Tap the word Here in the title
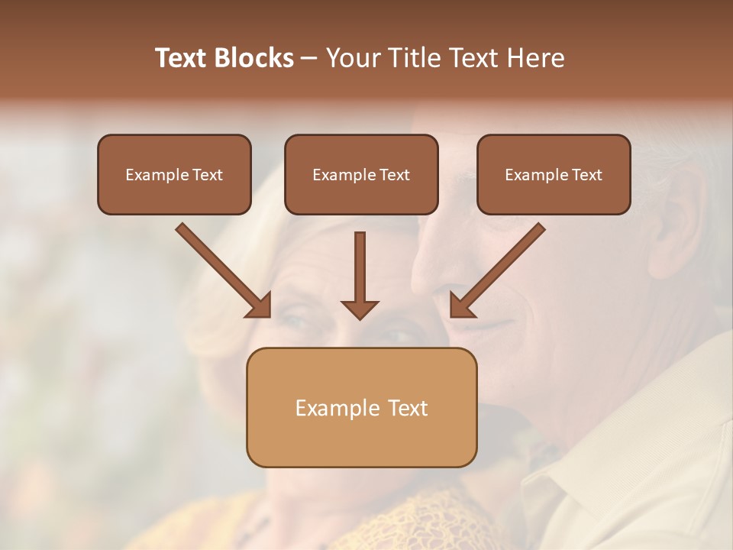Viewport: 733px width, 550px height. (535, 58)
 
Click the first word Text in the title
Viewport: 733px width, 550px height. (182, 58)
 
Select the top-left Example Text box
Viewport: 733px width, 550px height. (174, 175)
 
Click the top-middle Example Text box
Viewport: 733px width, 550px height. (361, 175)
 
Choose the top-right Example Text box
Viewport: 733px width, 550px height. (554, 175)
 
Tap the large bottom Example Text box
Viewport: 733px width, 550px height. (361, 407)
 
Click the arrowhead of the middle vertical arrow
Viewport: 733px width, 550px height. (360, 309)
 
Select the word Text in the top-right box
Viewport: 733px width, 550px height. (587, 175)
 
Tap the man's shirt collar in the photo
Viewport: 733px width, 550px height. (580, 474)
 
